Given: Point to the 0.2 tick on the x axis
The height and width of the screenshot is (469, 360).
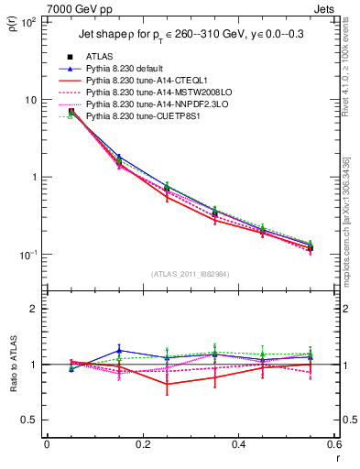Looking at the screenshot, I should (142, 444).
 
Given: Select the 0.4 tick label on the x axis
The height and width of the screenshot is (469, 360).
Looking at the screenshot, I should (238, 444).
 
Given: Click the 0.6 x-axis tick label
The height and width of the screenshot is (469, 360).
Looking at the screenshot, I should (333, 444).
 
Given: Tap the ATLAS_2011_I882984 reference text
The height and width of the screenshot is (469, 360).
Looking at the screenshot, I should (191, 273).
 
